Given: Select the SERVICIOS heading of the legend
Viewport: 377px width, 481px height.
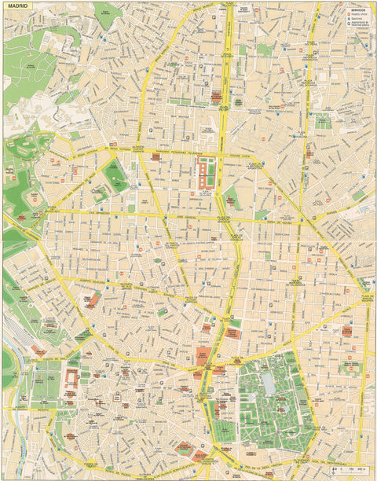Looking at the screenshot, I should pyautogui.click(x=357, y=9).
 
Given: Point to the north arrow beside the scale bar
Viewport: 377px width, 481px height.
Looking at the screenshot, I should pyautogui.click(x=335, y=472).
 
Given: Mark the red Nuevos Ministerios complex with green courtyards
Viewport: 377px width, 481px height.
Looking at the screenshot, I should pyautogui.click(x=207, y=174).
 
